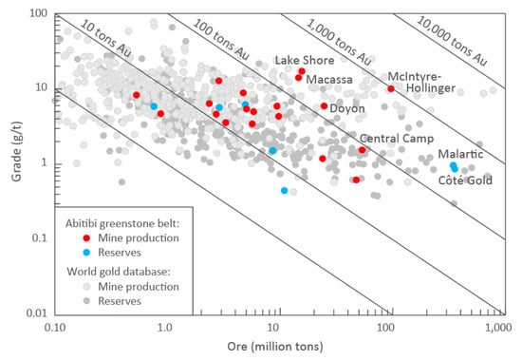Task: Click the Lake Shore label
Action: (x=303, y=60)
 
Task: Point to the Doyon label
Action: (x=347, y=109)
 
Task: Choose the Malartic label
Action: (x=459, y=154)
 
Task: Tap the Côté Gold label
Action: (x=466, y=180)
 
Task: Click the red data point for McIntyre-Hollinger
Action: (x=391, y=88)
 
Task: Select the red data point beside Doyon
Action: (x=325, y=106)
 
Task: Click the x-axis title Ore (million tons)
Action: (x=276, y=349)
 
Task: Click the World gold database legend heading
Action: (x=124, y=270)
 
